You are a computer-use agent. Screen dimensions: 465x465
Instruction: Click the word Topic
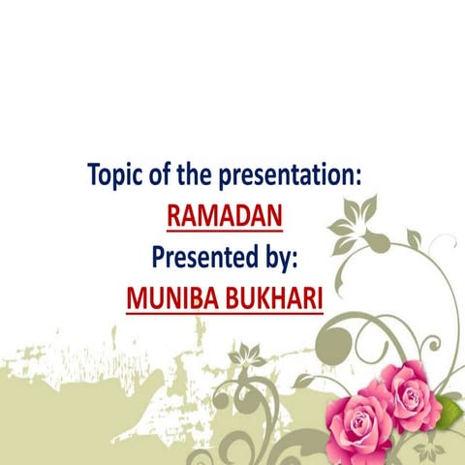pyautogui.click(x=118, y=177)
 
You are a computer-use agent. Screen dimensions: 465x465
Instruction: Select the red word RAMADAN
pyautogui.click(x=225, y=216)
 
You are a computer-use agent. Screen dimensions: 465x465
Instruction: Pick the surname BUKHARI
pyautogui.click(x=275, y=296)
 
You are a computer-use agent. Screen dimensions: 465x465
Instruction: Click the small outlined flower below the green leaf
pyautogui.click(x=427, y=449)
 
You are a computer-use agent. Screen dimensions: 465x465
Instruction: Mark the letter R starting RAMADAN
pyautogui.click(x=174, y=216)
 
